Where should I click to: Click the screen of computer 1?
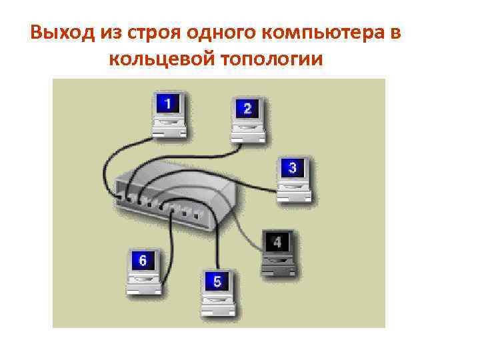167,104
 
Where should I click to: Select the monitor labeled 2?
247,109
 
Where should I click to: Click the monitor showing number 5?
217,281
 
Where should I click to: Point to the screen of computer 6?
142,260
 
